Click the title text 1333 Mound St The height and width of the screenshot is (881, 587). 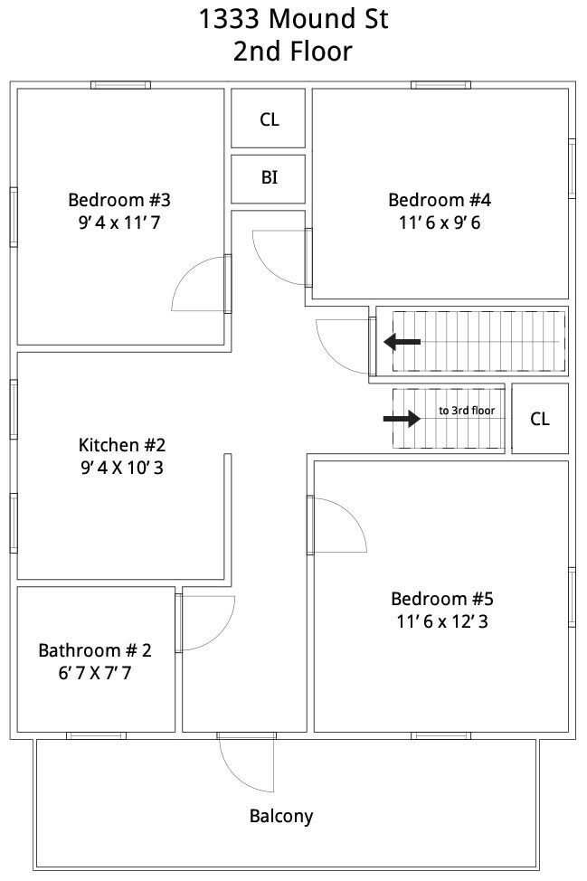293,18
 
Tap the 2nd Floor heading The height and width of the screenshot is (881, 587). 293,52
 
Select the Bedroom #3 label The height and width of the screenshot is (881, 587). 119,200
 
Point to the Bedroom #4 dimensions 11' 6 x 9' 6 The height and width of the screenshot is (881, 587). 440,223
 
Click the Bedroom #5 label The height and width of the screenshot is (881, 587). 442,599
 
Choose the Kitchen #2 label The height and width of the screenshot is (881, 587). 122,445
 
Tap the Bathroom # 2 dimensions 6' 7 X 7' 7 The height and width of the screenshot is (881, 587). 94,673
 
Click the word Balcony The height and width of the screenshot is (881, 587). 281,816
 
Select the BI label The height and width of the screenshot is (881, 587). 269,177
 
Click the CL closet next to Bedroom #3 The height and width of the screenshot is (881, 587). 269,119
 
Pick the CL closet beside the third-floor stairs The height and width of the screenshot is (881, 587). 540,419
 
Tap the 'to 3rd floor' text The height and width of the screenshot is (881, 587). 467,411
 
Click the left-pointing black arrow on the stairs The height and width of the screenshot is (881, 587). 402,342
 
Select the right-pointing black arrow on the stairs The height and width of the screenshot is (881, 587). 402,419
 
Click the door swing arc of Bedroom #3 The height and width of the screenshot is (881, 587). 183,274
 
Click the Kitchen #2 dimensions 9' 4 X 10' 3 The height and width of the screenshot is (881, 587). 122,468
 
